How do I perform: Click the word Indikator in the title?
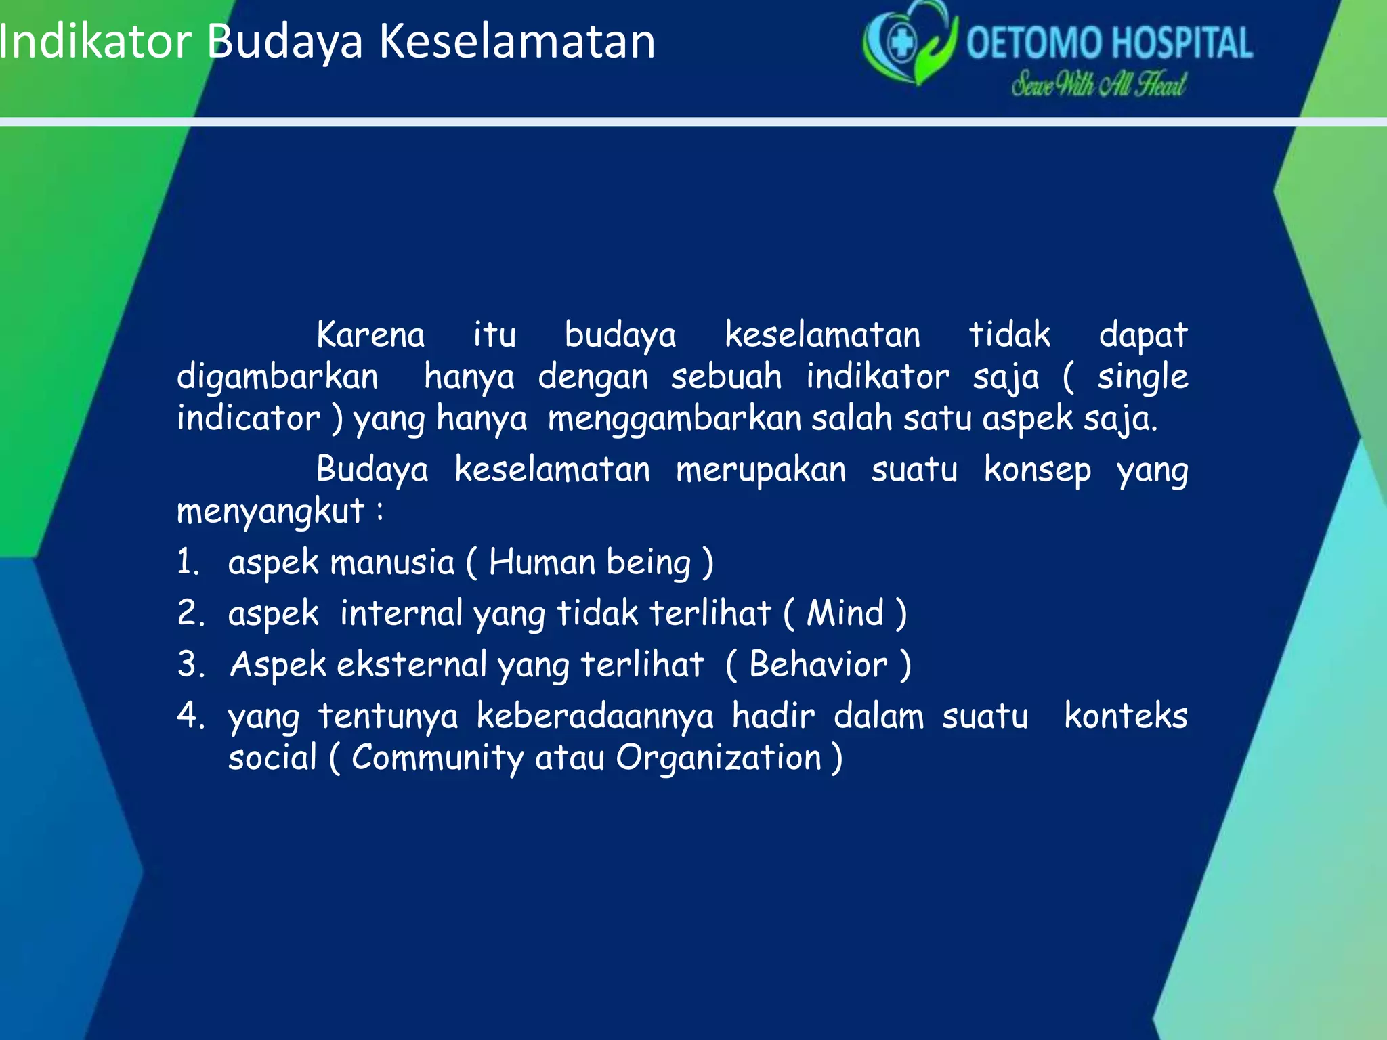[95, 42]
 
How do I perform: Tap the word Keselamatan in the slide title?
[517, 42]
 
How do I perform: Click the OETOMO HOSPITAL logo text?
[1109, 43]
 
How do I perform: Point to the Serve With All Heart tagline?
[1098, 85]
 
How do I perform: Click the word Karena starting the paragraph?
[370, 335]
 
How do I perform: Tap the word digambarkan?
[278, 377]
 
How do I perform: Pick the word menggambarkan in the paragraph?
[675, 419]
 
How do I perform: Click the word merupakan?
[761, 470]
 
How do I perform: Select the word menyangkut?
[271, 512]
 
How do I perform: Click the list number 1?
[188, 563]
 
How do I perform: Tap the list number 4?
[190, 716]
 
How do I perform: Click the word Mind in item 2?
[845, 613]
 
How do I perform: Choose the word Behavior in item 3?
[818, 665]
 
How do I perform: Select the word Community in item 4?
[438, 758]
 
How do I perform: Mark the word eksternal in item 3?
[411, 665]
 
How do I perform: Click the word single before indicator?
[1143, 377]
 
